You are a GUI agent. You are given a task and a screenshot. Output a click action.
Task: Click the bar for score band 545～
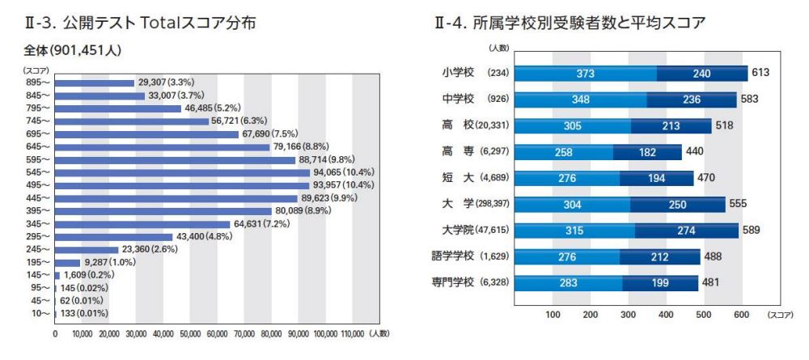(182, 172)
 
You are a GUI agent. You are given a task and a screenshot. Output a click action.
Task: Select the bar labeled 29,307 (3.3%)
(94, 83)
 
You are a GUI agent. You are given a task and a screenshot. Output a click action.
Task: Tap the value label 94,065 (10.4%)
(345, 172)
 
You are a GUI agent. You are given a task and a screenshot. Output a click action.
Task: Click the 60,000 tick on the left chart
(217, 332)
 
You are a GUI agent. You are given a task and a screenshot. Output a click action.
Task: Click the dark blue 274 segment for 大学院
(686, 231)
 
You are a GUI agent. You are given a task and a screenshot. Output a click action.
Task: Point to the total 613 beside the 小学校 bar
(761, 74)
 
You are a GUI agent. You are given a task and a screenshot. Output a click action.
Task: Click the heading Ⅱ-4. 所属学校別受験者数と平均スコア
(570, 23)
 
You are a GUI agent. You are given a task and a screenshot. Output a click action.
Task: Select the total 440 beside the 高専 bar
(695, 152)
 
